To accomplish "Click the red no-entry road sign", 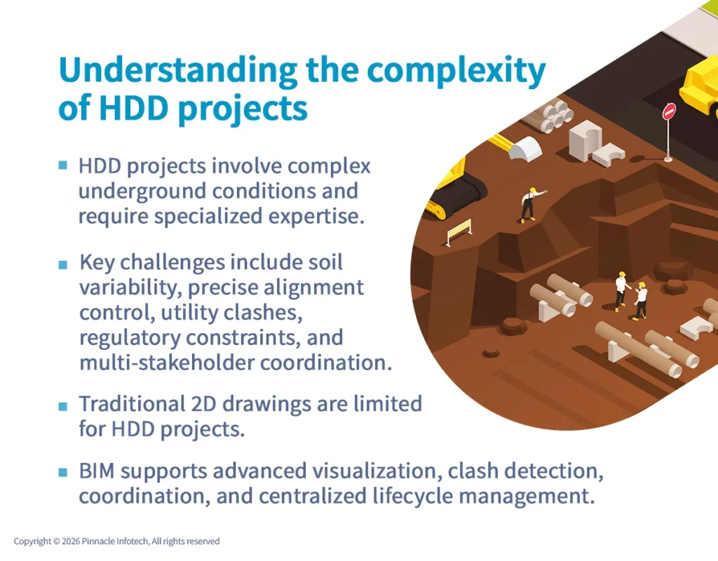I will coord(669,112).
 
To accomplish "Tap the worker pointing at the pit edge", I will coord(528,204).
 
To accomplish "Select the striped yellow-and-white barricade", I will coord(459,231).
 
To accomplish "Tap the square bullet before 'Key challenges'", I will coord(63,264).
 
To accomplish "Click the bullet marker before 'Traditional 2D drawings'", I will coord(63,405).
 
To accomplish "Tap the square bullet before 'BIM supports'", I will coord(63,471).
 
